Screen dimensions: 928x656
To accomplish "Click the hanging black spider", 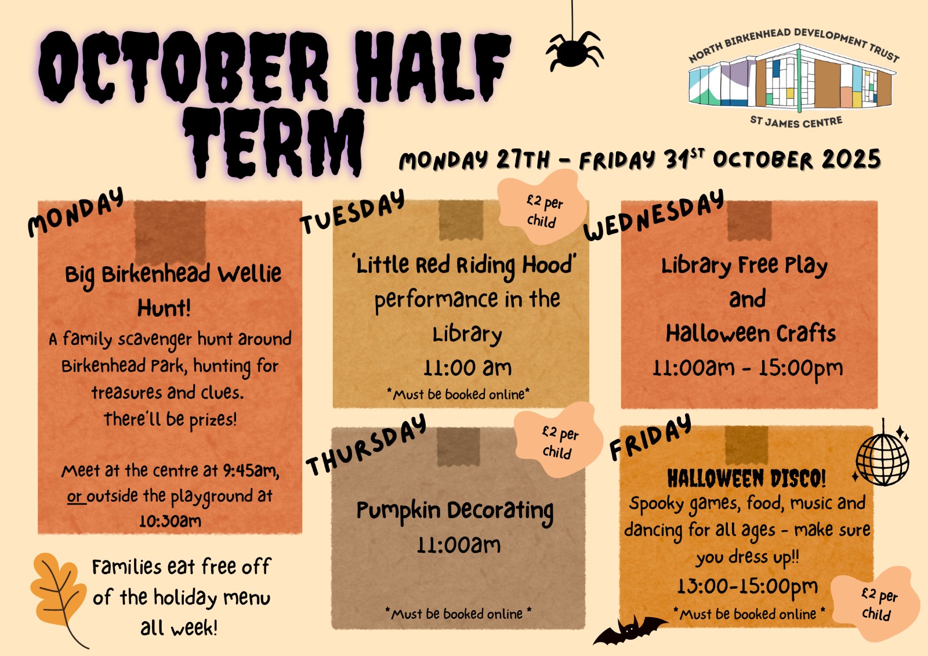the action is pyautogui.click(x=574, y=52).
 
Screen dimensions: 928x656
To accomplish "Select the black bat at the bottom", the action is pyautogui.click(x=630, y=630).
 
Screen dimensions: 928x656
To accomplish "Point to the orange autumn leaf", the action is pyautogui.click(x=58, y=597).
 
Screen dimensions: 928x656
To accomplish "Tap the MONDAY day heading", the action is pyautogui.click(x=76, y=212).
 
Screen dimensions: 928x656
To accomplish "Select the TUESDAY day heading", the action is pyautogui.click(x=353, y=211).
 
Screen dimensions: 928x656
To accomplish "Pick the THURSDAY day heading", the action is pyautogui.click(x=366, y=445).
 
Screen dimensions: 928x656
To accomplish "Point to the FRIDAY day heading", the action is pyautogui.click(x=650, y=437).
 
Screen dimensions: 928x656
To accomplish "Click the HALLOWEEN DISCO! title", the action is pyautogui.click(x=746, y=478).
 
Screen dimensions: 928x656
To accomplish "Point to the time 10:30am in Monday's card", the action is pyautogui.click(x=171, y=521).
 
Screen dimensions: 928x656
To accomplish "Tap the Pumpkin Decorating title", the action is pyautogui.click(x=455, y=512).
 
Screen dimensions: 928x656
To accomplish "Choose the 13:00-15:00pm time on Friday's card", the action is pyautogui.click(x=748, y=586).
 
